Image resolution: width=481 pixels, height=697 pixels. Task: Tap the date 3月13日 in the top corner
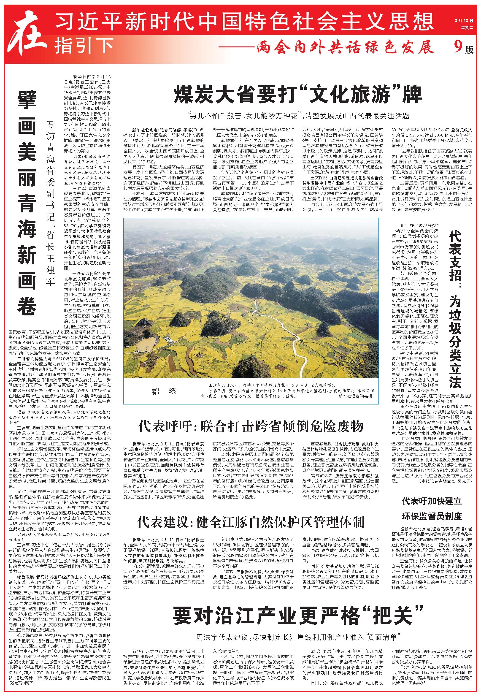pyautogui.click(x=464, y=21)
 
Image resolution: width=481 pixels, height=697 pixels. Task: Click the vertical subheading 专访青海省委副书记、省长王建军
pyautogui.click(x=50, y=202)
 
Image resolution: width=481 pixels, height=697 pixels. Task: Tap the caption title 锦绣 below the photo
pyautogui.click(x=164, y=392)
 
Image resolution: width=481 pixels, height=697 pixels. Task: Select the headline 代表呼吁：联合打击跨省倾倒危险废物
pyautogui.click(x=251, y=426)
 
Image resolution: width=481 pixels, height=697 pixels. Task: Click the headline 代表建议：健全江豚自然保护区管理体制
pyautogui.click(x=251, y=521)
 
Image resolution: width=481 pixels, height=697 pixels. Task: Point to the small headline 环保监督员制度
pyautogui.click(x=432, y=516)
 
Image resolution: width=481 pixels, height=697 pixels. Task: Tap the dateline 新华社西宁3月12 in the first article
pyautogui.click(x=92, y=77)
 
